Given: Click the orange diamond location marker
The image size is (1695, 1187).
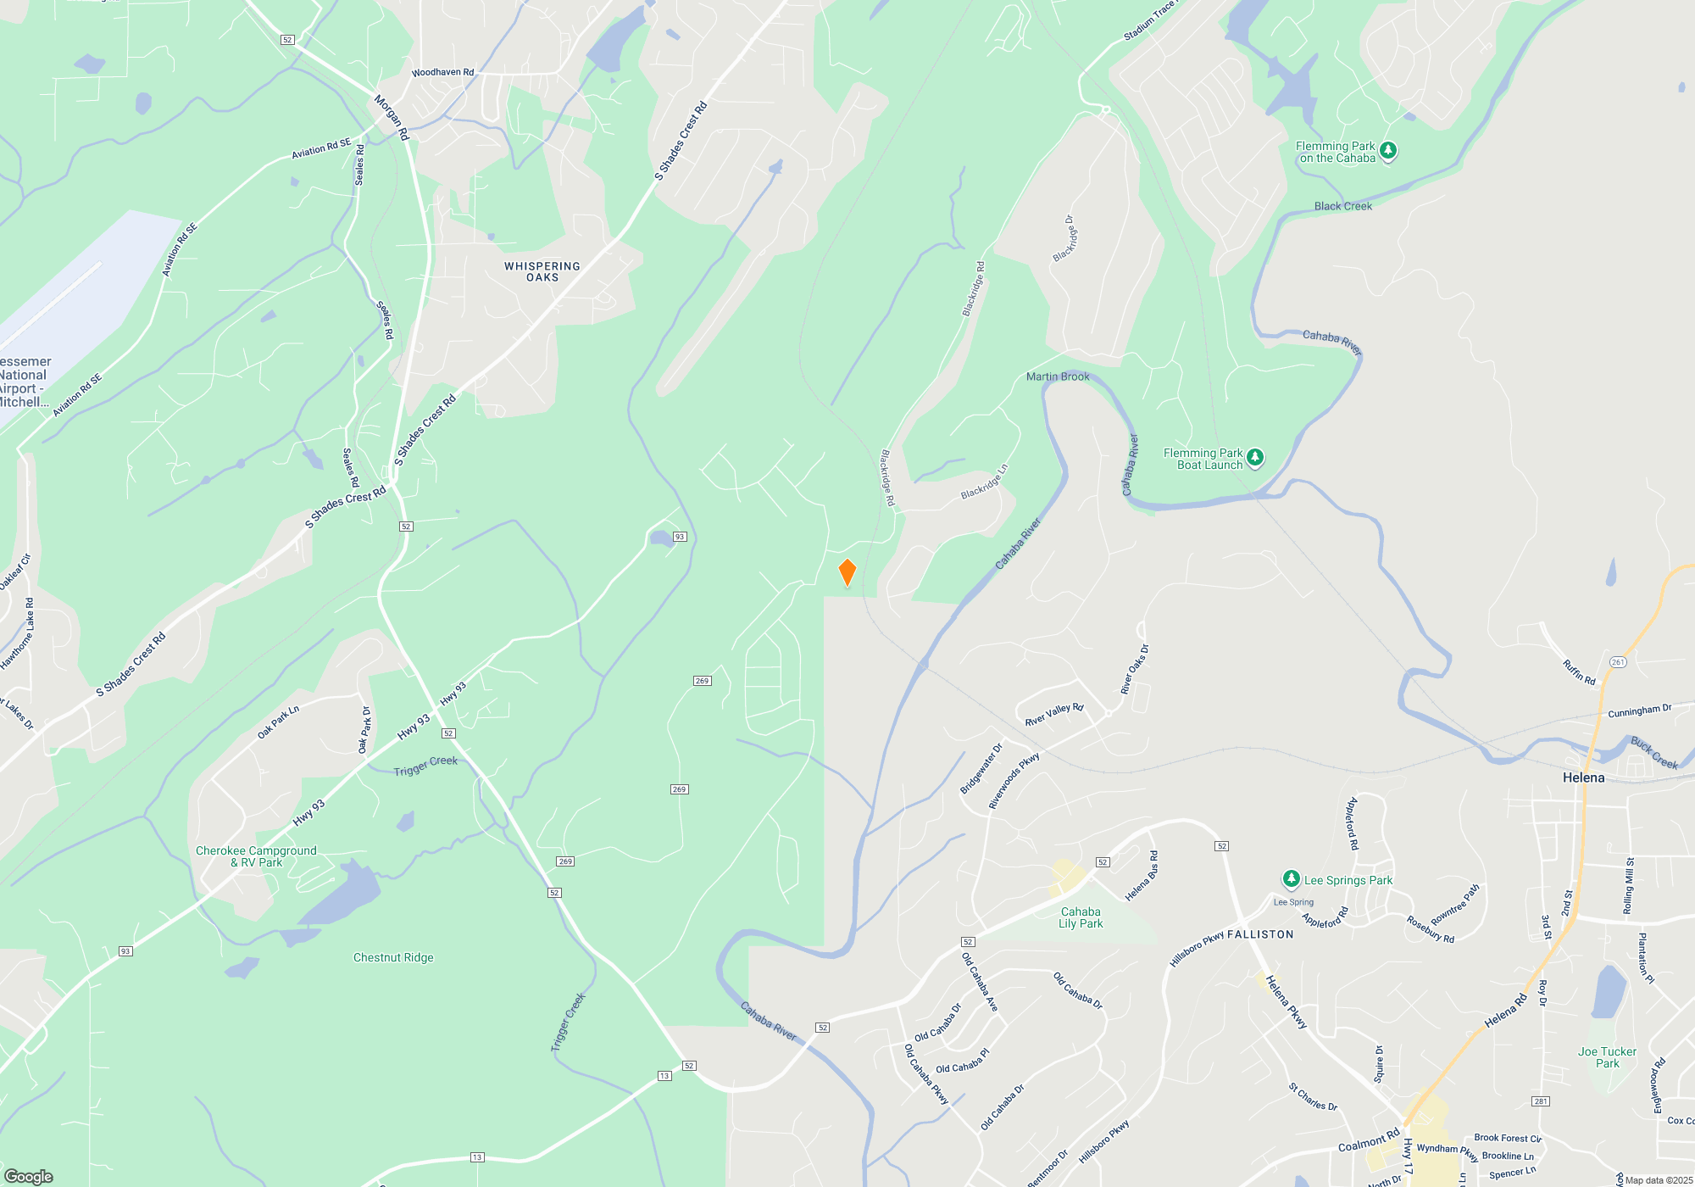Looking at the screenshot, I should [847, 572].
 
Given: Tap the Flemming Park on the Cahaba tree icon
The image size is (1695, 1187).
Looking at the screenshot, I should [1388, 151].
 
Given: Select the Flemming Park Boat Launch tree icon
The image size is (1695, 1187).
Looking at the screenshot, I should [1255, 458].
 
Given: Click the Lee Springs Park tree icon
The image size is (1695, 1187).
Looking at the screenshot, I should [1291, 879].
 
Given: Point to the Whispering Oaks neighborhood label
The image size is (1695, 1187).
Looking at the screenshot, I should [542, 271].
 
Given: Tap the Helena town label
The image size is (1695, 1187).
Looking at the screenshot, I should [1583, 777].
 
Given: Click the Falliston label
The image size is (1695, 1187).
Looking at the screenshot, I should [1260, 934].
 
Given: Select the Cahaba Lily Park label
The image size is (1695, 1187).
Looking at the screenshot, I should [1081, 917].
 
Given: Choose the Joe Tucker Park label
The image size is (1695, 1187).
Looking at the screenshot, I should [1607, 1057].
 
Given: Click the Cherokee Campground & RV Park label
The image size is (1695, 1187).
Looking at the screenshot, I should [256, 856].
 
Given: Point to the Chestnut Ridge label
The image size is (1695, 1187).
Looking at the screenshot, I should [393, 957].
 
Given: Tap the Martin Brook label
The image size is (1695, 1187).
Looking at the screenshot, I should [1058, 376].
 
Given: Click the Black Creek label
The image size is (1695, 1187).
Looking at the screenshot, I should [1342, 206].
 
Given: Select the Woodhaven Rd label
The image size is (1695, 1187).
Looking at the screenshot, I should [442, 73].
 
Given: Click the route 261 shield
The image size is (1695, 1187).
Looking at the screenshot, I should [1618, 662].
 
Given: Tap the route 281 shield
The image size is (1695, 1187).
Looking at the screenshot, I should [1541, 1101].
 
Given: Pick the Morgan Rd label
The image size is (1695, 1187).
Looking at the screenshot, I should [392, 117].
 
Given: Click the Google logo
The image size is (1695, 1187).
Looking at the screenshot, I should [28, 1177].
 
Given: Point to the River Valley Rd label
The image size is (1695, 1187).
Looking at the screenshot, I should [1054, 714].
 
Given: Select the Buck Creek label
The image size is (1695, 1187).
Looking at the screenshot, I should [1654, 752].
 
